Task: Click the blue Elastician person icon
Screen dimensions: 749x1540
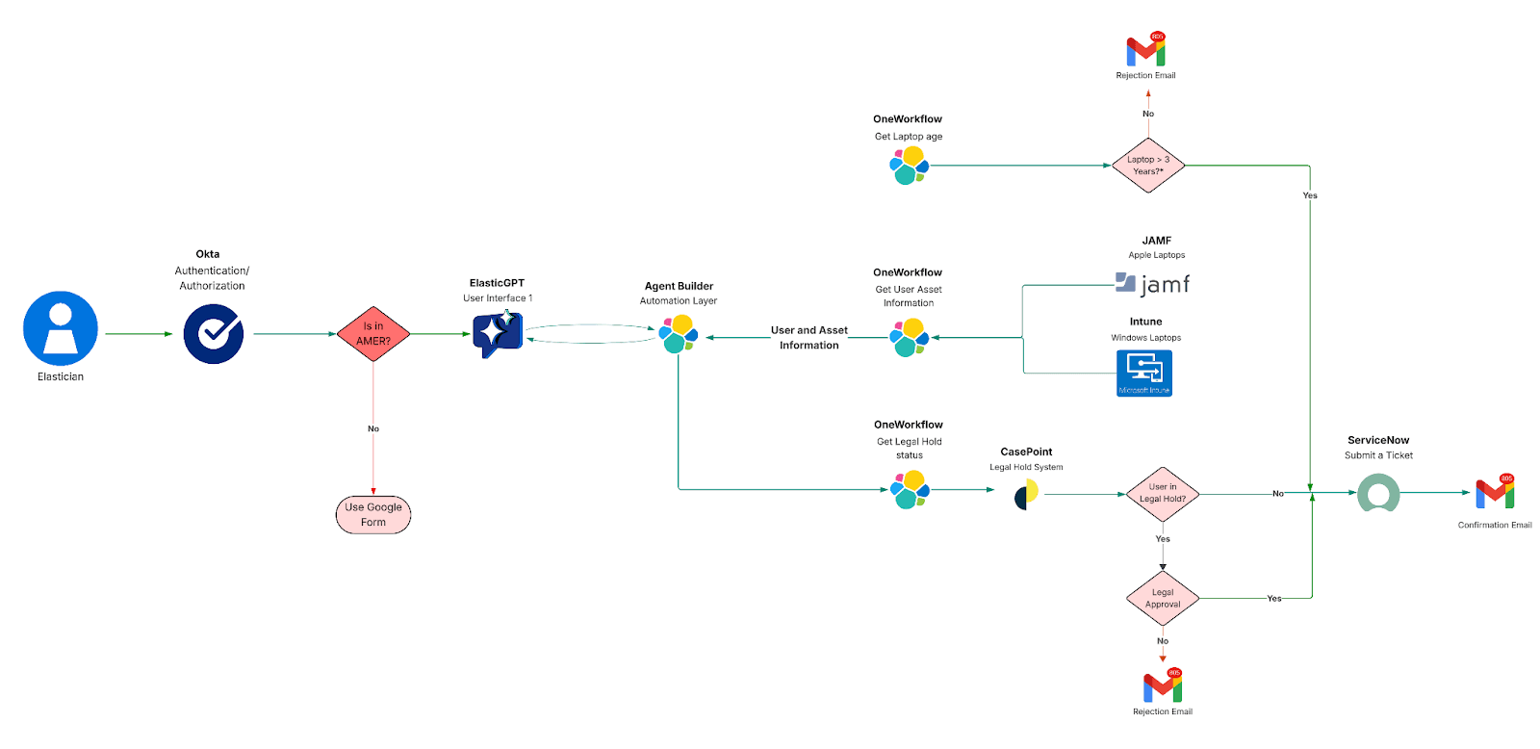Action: click(61, 328)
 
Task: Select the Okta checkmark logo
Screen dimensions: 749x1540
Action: click(214, 334)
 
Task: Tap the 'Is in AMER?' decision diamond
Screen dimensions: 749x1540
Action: click(373, 334)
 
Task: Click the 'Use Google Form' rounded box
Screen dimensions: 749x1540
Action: click(373, 515)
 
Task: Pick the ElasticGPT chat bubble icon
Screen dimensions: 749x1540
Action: click(497, 334)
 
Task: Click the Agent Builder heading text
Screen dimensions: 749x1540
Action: click(679, 286)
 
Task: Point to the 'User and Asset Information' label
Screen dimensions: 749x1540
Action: click(808, 338)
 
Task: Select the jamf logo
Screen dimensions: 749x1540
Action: click(1153, 284)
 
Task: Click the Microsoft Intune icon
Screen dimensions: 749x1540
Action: click(1144, 373)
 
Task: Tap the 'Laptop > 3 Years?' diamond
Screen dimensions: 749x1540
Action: click(1147, 166)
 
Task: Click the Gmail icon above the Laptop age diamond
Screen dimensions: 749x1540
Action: click(1146, 50)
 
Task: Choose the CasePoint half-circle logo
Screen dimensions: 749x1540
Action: click(1026, 495)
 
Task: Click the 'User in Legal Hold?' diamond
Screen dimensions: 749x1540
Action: click(1163, 494)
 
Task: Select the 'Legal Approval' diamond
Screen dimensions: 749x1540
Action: click(1163, 599)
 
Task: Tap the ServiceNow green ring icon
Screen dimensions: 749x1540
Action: click(1378, 493)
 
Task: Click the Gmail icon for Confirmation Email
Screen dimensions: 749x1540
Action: click(1495, 493)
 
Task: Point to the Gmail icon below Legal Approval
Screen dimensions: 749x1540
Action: click(1163, 686)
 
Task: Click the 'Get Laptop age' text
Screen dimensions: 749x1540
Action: click(908, 137)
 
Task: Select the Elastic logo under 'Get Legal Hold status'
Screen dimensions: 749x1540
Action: click(910, 490)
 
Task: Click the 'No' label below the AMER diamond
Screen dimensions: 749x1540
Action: click(373, 428)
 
